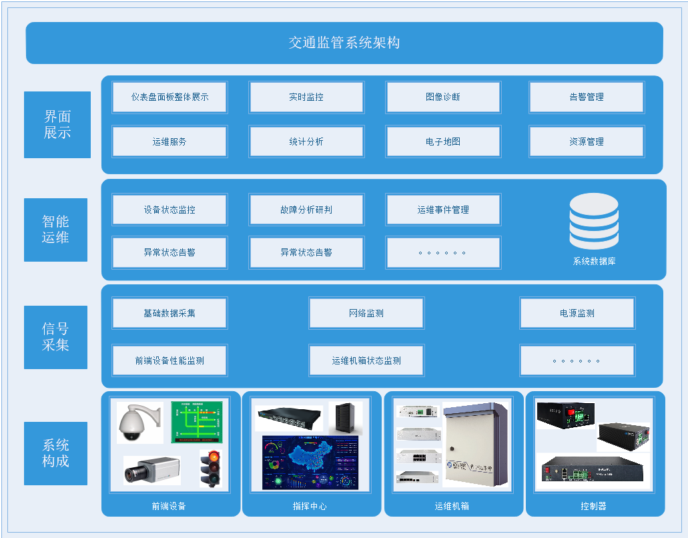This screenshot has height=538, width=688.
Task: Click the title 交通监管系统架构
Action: (344, 43)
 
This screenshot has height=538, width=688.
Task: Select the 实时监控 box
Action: (306, 97)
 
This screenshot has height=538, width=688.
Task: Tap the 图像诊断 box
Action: (443, 97)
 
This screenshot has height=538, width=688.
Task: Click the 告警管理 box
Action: (587, 97)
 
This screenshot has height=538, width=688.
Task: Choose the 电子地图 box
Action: (443, 142)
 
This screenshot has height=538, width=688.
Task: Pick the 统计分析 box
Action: (306, 142)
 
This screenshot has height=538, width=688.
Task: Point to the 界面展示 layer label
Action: (57, 125)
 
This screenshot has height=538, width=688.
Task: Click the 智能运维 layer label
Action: (55, 230)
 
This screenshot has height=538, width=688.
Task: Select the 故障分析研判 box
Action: (306, 210)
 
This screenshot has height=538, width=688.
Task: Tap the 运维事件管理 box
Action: (443, 210)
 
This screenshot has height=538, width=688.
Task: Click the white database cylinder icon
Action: (594, 221)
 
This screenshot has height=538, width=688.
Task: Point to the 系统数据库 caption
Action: (594, 262)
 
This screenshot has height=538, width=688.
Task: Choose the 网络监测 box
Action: (366, 313)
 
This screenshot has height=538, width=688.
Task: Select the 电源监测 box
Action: (577, 313)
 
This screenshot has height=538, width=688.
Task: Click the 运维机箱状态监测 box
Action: (366, 360)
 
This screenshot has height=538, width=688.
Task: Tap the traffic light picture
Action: (213, 467)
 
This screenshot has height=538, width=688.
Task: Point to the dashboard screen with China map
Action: (310, 463)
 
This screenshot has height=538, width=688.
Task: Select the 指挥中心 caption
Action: (310, 507)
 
